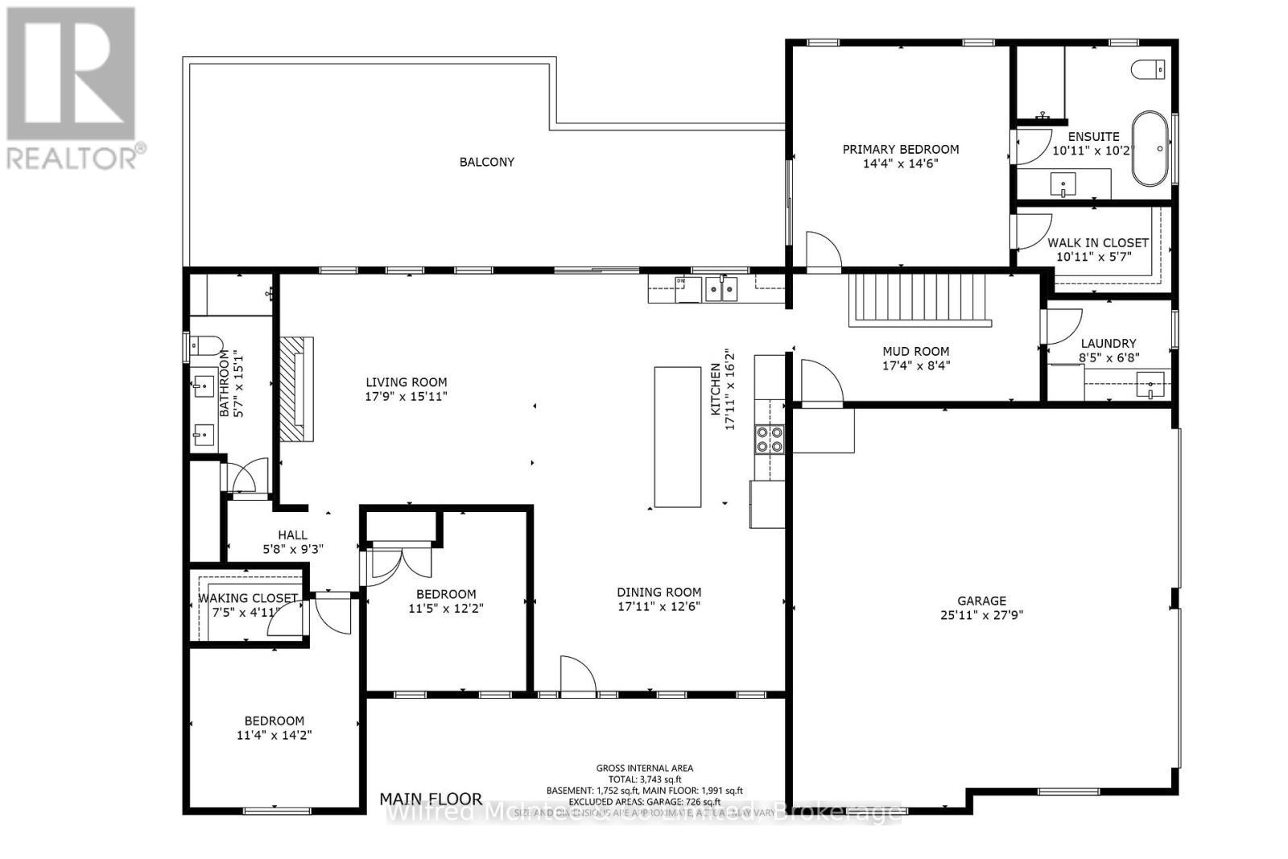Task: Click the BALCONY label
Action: tap(486, 162)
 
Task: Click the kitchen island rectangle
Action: tap(677, 436)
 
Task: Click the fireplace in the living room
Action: tap(295, 389)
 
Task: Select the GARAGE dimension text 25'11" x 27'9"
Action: tap(981, 615)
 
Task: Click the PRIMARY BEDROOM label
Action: tap(900, 149)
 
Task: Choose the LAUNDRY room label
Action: tap(1108, 343)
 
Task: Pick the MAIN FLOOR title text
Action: tap(431, 799)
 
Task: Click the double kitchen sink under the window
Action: tap(720, 287)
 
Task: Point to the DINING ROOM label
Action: tap(658, 592)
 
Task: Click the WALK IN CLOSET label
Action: tap(1097, 242)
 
